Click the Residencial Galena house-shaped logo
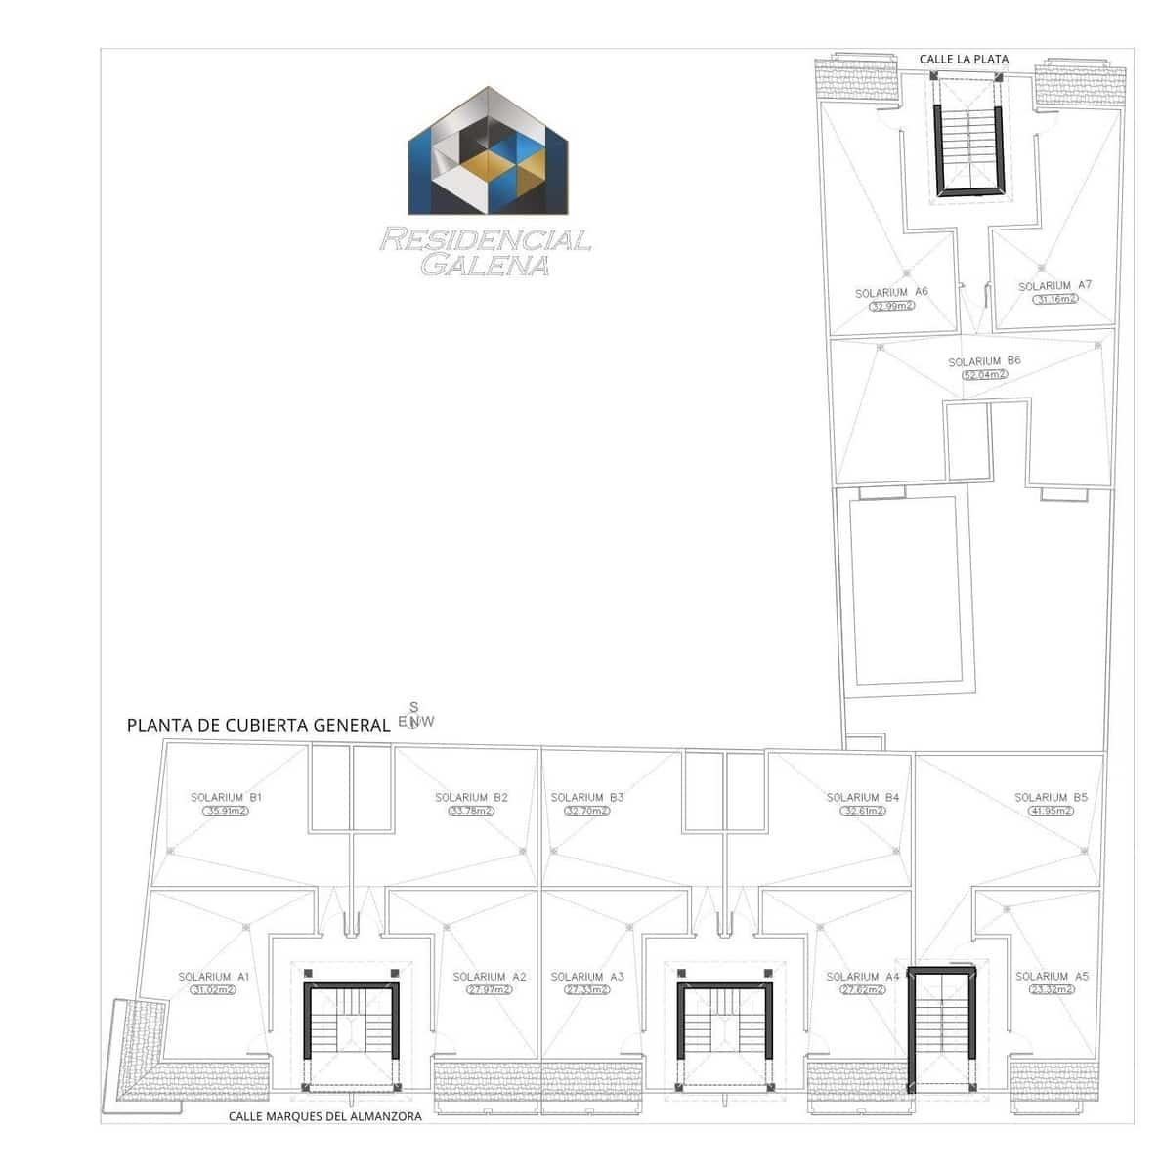coord(489,151)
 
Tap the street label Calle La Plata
coord(963,60)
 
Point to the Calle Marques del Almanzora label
coord(325,1116)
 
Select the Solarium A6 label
coord(891,293)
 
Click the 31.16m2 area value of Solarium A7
coord(1054,300)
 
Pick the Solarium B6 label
coord(984,361)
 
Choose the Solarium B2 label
coord(471,798)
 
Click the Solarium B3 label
coord(587,798)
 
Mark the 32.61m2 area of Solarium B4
coord(863,811)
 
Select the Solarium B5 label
coord(1051,798)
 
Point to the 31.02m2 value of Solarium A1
coord(214,990)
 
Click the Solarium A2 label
coord(490,977)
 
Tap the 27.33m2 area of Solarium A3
coord(586,990)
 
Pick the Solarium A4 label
coord(863,977)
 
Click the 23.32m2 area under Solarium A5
coord(1052,990)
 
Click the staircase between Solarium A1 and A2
coord(352,1030)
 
